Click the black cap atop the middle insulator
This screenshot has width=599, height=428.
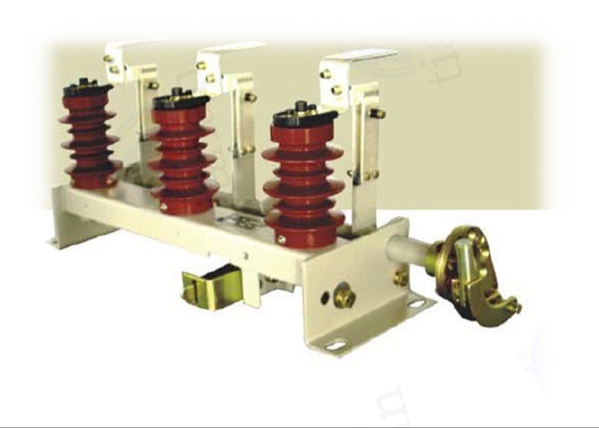pyautogui.click(x=180, y=100)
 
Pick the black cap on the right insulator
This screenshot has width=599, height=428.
pyautogui.click(x=304, y=117)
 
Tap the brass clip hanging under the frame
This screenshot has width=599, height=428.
pyautogui.click(x=211, y=289)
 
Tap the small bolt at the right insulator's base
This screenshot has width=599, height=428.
pyautogui.click(x=282, y=239)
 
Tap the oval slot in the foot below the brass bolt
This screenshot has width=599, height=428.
pyautogui.click(x=417, y=304)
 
